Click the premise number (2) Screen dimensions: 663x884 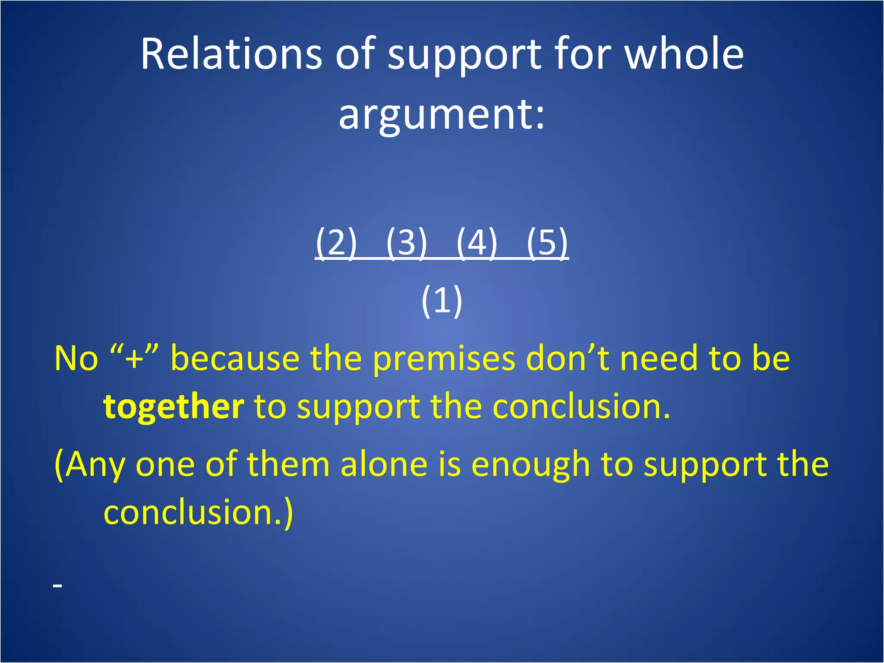[x=336, y=243]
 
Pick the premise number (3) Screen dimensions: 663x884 [x=406, y=243]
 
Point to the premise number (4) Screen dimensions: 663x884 [x=477, y=243]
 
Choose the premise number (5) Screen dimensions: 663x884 [x=547, y=243]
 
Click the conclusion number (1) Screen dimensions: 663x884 [x=442, y=301]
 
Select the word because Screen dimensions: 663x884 [x=235, y=359]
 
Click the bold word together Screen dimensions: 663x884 [x=174, y=407]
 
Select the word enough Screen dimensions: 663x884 [x=530, y=465]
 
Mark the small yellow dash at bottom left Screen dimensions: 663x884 [x=58, y=586]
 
